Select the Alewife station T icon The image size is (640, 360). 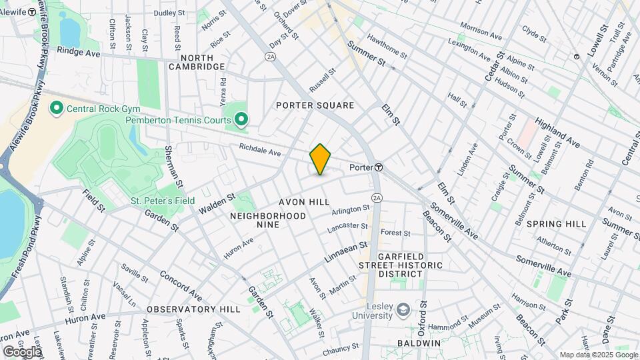[x=31, y=11]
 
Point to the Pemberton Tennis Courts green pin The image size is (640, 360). [x=241, y=121]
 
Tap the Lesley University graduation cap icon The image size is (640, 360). [x=403, y=309]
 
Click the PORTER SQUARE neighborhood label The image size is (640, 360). [x=315, y=105]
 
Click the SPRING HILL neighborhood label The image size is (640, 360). [x=556, y=224]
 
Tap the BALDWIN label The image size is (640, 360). [x=419, y=343]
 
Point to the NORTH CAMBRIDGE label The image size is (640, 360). [x=197, y=62]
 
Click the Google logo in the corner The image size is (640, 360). [x=22, y=351]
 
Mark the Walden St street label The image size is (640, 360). [x=217, y=204]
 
